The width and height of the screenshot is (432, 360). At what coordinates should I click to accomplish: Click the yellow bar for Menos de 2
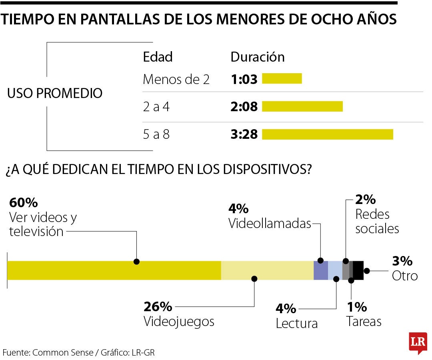tap(282, 79)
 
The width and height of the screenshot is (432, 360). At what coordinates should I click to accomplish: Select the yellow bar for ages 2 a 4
tap(302, 106)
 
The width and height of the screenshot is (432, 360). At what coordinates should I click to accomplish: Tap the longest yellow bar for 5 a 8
tap(327, 134)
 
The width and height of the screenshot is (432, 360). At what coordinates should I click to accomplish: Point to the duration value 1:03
tap(244, 79)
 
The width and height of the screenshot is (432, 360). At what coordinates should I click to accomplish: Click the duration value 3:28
tap(244, 134)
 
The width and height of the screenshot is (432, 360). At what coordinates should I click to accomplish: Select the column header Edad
tap(158, 57)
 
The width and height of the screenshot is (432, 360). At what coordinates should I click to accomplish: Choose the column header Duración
tap(257, 57)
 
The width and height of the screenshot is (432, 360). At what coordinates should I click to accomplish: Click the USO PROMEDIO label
tap(55, 94)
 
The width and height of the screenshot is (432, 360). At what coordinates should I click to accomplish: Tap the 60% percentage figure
tap(23, 203)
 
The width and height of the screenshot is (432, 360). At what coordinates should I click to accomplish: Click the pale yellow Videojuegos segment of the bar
tap(267, 270)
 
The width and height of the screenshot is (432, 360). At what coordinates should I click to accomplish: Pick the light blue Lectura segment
tap(335, 270)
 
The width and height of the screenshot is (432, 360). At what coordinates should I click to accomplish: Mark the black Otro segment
tap(358, 270)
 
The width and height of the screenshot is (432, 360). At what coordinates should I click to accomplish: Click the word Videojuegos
tap(179, 322)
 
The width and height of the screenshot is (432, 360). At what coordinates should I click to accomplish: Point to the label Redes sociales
tap(377, 221)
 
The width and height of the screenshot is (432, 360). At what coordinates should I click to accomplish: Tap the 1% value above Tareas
tap(357, 307)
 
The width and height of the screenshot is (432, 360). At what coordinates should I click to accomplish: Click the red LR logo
tap(418, 342)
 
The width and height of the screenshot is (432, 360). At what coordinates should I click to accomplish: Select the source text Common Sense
tap(62, 353)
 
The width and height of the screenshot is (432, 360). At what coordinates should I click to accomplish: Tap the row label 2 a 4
tap(156, 107)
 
